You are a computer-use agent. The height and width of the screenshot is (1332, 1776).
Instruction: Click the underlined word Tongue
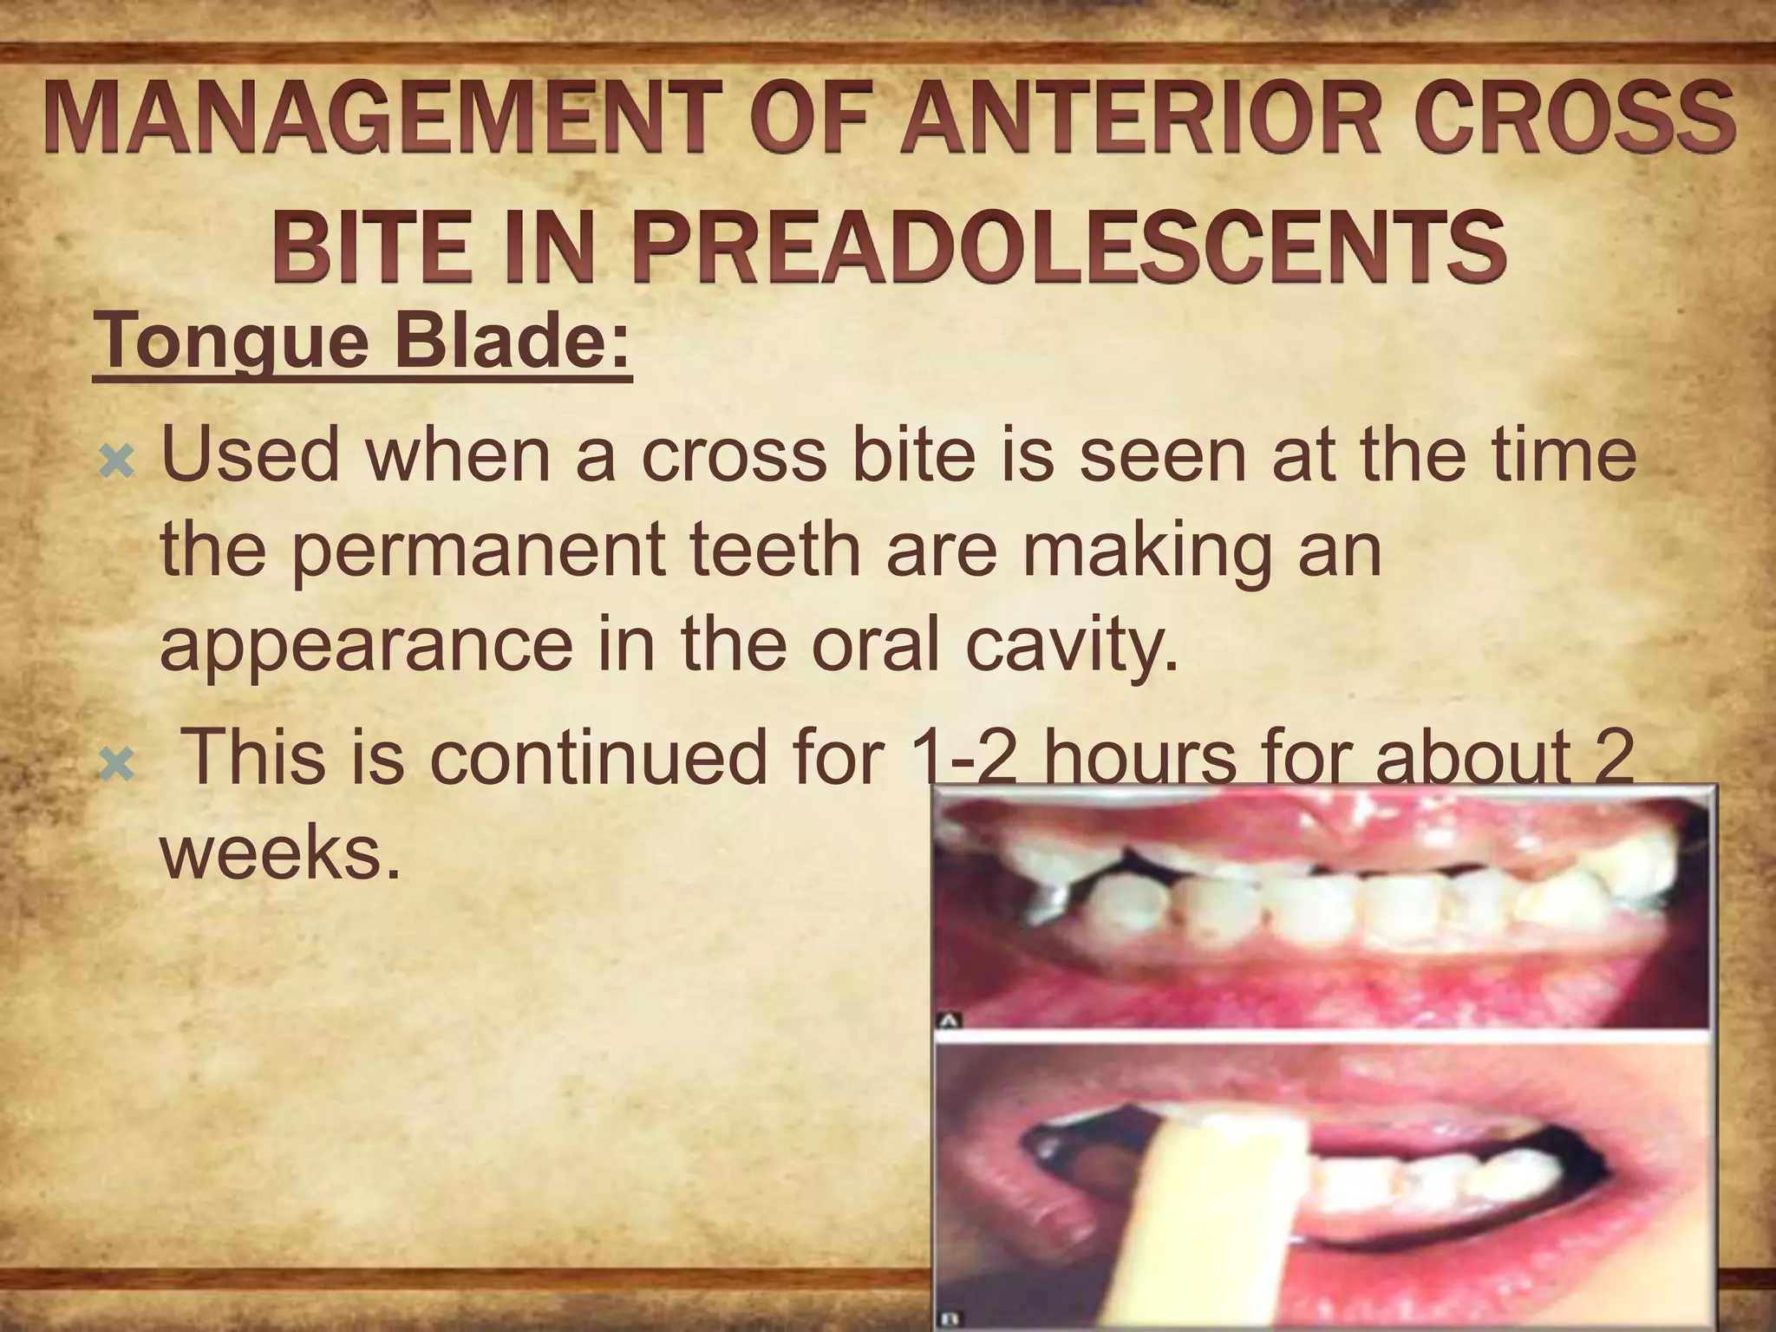pos(233,343)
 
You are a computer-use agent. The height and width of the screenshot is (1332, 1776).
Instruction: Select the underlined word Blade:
pos(513,343)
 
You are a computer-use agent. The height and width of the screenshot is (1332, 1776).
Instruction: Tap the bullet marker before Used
pos(116,461)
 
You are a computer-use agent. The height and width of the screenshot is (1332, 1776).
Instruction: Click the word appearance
pos(365,647)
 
